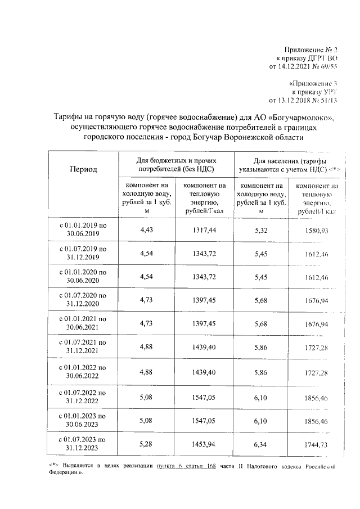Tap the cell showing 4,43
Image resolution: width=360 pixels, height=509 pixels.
click(x=146, y=229)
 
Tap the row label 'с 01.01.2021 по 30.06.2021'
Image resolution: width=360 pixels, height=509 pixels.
click(x=83, y=323)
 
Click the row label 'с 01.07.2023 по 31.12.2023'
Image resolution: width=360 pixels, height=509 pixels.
click(x=83, y=444)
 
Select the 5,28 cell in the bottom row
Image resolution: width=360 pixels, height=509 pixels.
click(x=146, y=444)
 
